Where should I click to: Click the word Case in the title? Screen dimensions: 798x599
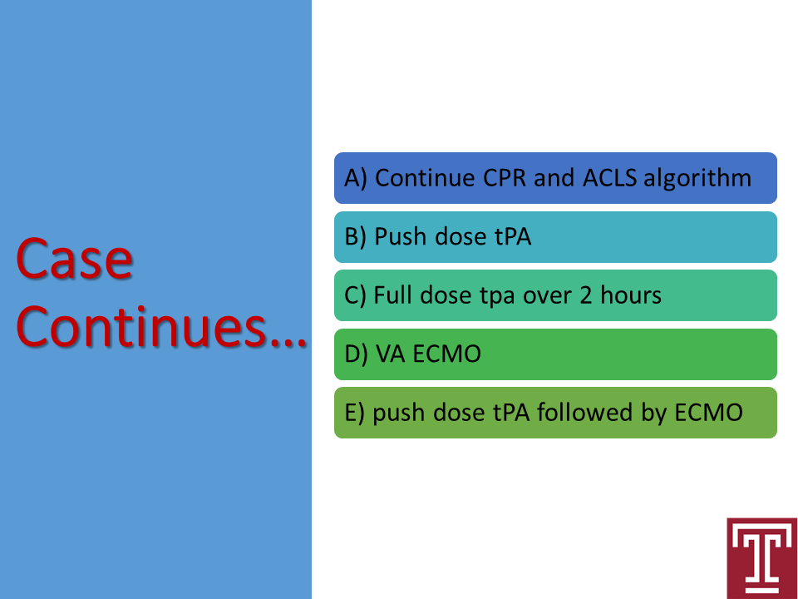point(74,259)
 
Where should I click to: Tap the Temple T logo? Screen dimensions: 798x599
point(762,558)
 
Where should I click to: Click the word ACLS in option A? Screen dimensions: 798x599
point(609,178)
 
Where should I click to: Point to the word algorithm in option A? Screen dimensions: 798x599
point(697,179)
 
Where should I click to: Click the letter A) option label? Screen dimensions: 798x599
point(356,179)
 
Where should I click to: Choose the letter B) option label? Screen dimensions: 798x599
point(355,237)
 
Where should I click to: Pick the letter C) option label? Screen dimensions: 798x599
point(355,296)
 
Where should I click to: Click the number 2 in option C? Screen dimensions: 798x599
point(586,295)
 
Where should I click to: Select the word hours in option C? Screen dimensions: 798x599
point(631,295)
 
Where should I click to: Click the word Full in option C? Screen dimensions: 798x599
point(392,295)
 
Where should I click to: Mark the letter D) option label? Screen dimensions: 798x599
point(356,354)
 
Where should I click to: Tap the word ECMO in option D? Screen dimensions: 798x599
point(447,354)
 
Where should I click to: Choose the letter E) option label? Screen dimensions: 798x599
point(354,413)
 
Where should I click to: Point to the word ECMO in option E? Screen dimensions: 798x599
point(708,413)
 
